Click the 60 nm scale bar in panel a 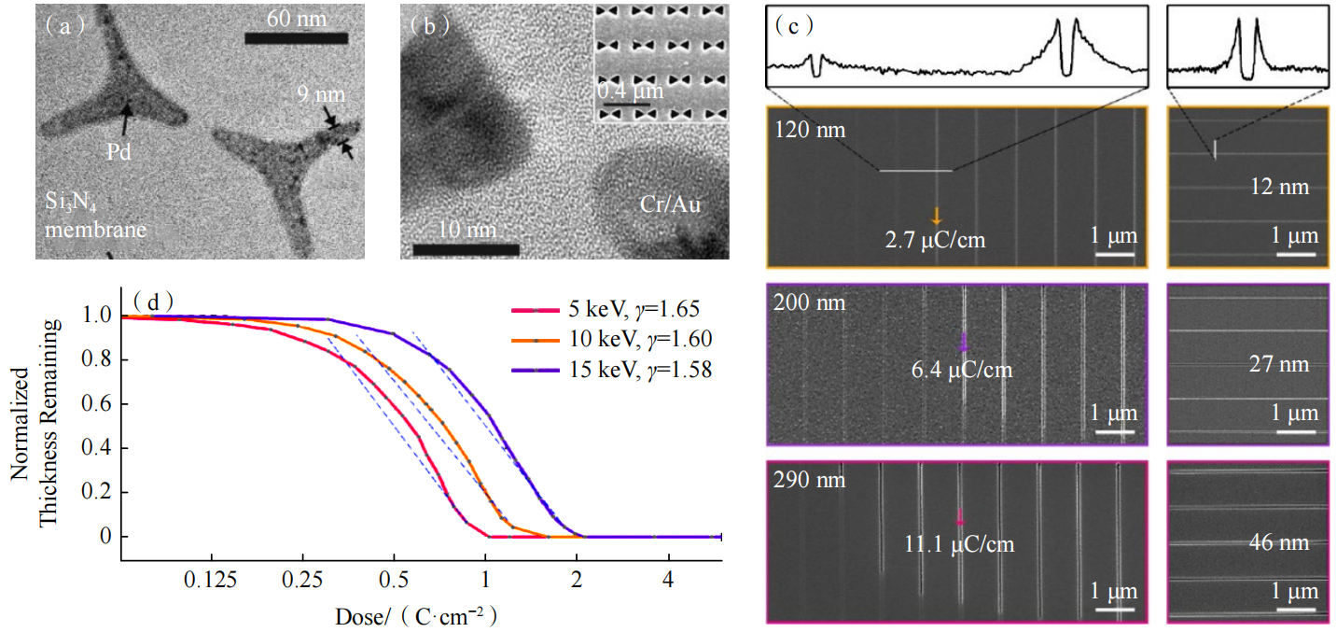tap(296, 38)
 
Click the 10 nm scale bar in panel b tap(465, 249)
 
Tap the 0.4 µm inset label tap(631, 91)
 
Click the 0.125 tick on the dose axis tap(208, 580)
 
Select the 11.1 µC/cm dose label tap(960, 544)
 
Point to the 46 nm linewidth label tap(1279, 543)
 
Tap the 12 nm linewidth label tap(1279, 187)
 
